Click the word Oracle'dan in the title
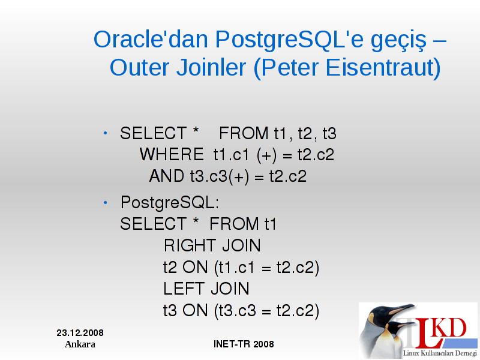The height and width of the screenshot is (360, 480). tap(151, 40)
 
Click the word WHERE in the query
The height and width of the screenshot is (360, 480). tap(172, 154)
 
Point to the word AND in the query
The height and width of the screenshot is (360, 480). tap(167, 176)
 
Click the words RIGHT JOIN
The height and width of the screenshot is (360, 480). tap(212, 245)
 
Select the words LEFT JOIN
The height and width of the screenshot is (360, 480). tap(206, 289)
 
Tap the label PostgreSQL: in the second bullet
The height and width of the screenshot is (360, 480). tap(170, 203)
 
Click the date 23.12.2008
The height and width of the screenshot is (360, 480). tap(80, 333)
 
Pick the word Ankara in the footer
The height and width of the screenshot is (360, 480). tap(80, 344)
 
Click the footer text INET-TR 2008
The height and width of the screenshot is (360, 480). tap(244, 344)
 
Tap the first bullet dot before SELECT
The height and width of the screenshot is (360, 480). tap(106, 133)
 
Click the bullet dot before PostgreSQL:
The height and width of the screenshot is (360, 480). tap(106, 203)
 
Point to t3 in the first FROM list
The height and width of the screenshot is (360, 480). tap(329, 133)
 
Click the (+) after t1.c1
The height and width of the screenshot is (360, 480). tap(266, 155)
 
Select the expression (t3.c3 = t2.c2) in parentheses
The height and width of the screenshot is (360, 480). tap(267, 311)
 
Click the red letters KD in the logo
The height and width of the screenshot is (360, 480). tap(450, 328)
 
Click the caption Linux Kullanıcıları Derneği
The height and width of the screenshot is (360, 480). tap(440, 353)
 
